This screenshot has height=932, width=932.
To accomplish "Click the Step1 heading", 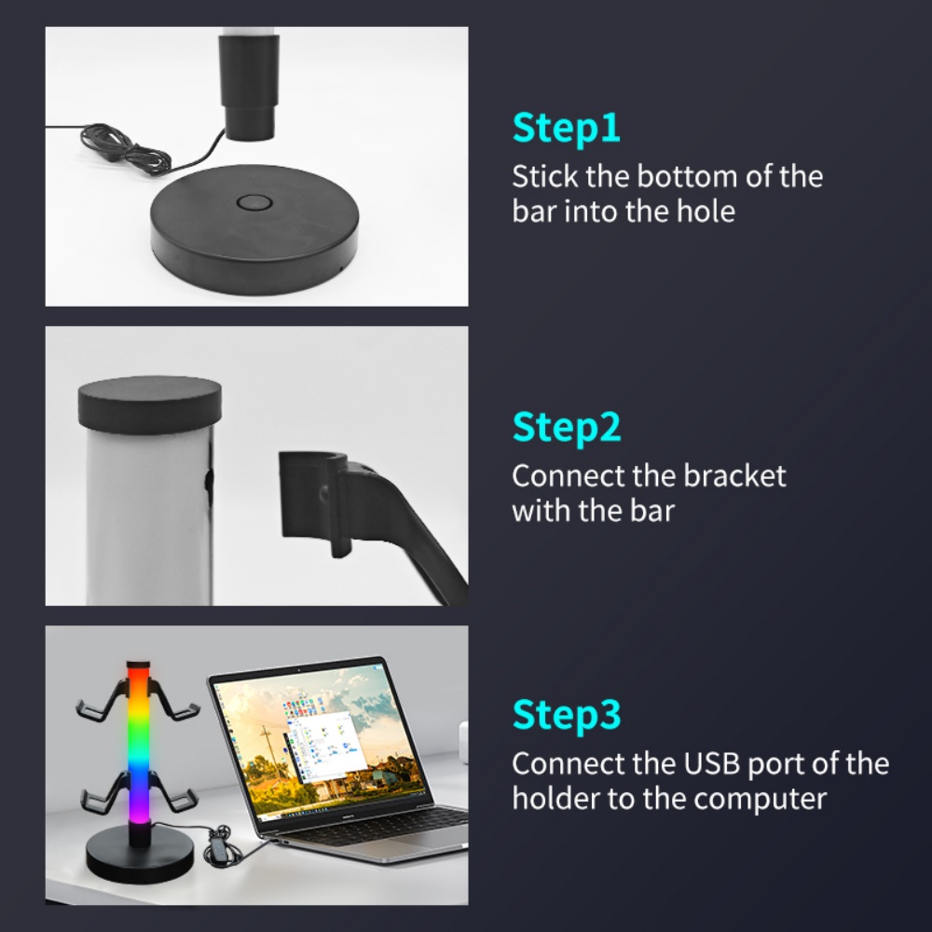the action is [x=566, y=128].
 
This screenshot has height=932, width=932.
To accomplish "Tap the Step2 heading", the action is [x=567, y=428].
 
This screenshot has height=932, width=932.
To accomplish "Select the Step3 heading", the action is [x=567, y=715].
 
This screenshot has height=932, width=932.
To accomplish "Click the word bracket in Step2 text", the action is [x=734, y=476].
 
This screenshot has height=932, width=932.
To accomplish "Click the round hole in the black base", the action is [x=254, y=202].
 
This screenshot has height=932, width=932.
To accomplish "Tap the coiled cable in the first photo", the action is [x=125, y=148].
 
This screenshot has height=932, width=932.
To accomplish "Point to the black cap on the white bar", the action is [x=150, y=403].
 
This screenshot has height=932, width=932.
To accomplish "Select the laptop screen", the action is [x=319, y=740].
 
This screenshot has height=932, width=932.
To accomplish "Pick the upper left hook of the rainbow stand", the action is [x=100, y=702].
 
